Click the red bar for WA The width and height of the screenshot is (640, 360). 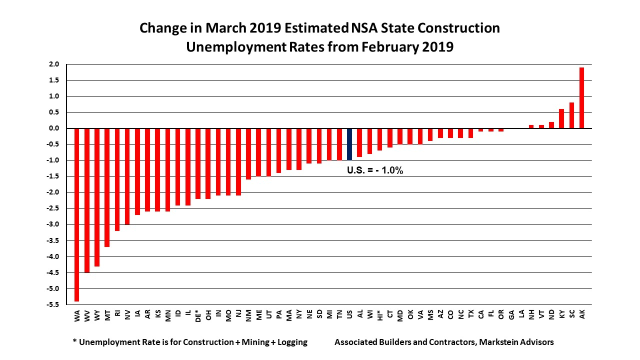pyautogui.click(x=77, y=215)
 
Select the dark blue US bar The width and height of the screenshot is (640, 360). pyautogui.click(x=349, y=144)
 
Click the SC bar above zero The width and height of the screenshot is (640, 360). pyautogui.click(x=571, y=115)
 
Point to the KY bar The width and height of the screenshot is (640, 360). pyautogui.click(x=561, y=118)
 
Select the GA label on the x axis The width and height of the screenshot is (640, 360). pyautogui.click(x=511, y=314)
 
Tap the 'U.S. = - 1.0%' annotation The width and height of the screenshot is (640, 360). pyautogui.click(x=375, y=170)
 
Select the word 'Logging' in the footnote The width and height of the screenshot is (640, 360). pyautogui.click(x=290, y=342)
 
